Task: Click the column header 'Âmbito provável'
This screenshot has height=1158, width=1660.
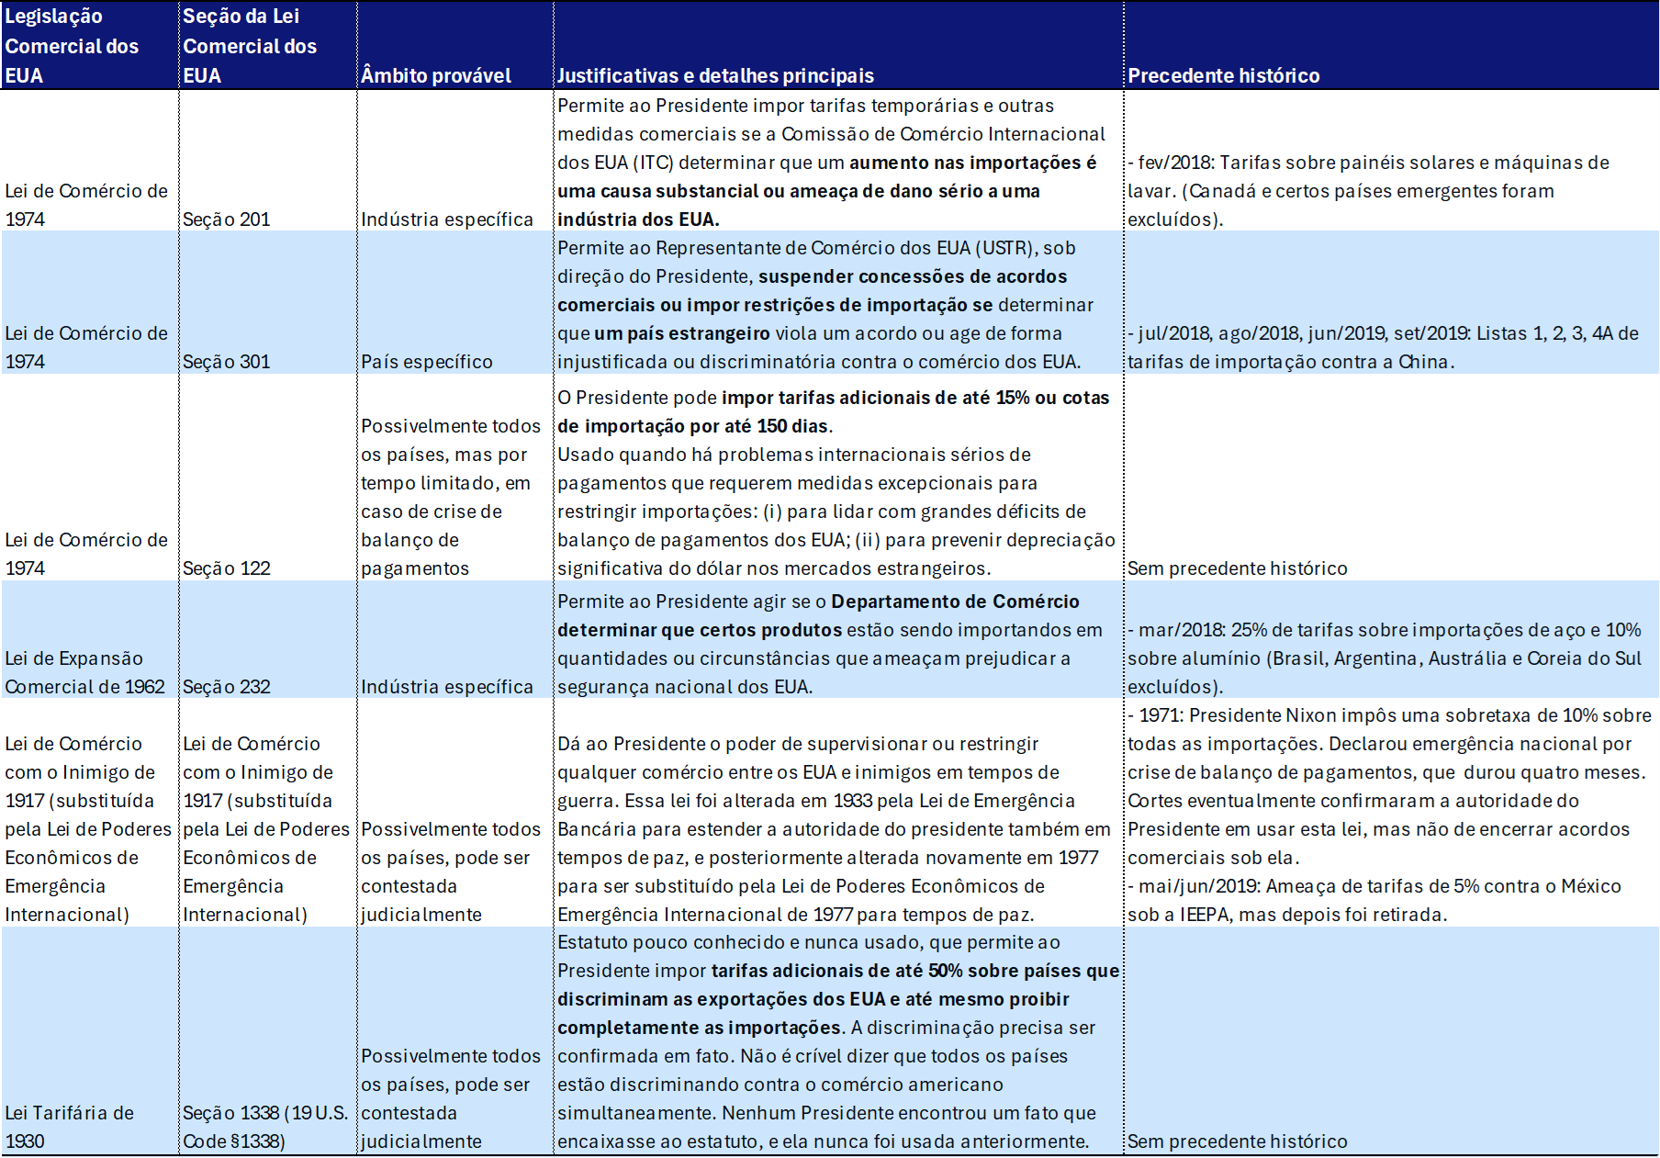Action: coord(436,75)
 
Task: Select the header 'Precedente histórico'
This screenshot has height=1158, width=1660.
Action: coord(1223,75)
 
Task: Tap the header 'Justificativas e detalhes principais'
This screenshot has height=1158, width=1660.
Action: coord(715,75)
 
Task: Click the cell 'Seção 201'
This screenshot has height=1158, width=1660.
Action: coord(227,219)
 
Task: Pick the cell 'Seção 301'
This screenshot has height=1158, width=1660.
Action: coord(227,362)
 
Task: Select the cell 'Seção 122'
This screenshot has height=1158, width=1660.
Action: coord(227,568)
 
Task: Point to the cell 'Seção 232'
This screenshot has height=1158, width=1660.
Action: coord(227,687)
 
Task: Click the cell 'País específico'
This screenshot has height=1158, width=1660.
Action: coord(427,362)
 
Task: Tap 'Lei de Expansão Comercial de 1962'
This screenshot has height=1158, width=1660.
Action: coord(84,672)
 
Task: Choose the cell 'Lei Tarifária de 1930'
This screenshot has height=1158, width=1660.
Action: coord(69,1127)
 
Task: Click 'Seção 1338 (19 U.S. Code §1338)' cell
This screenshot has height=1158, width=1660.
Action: coord(264,1127)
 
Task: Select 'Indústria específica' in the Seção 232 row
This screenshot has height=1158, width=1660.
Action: coord(447,687)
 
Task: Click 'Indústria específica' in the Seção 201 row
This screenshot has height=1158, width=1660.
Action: coord(447,219)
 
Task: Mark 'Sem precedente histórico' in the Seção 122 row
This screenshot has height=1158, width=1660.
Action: coord(1237,568)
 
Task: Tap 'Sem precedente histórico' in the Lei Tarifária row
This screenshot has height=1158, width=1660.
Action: coord(1237,1141)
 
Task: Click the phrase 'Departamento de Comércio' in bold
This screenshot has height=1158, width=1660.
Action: coord(955,601)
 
